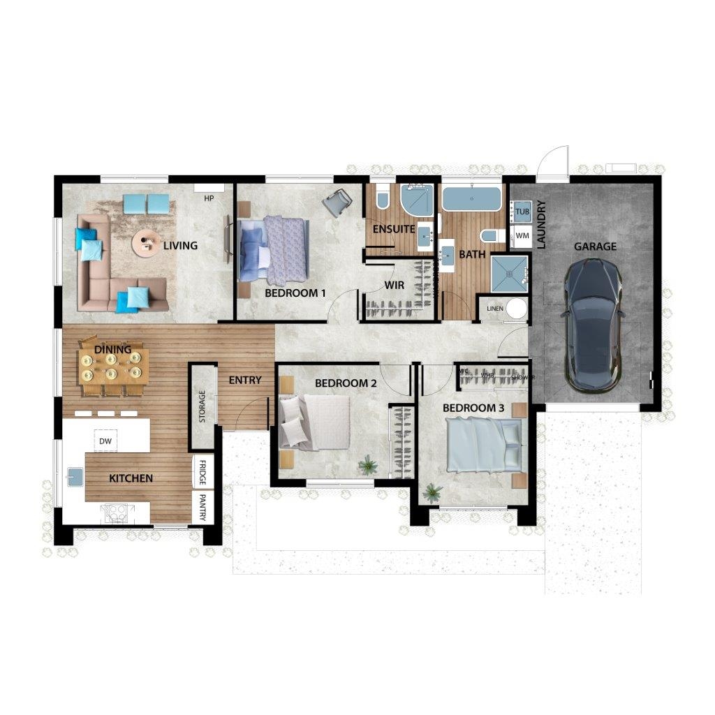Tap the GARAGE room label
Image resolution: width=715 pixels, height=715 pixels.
tap(595, 246)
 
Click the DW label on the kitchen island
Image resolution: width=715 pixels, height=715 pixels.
tap(105, 441)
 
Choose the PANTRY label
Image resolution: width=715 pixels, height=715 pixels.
tap(202, 508)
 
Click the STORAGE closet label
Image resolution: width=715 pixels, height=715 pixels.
tap(202, 406)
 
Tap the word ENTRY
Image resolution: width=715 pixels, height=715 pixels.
tap(245, 381)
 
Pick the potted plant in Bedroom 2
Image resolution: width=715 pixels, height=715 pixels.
tap(367, 464)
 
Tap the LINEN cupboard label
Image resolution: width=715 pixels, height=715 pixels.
tap(494, 308)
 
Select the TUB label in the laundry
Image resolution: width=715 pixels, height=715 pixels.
tap(522, 211)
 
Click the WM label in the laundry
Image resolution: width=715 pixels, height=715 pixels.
tap(522, 236)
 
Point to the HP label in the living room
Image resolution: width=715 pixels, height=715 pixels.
tap(208, 198)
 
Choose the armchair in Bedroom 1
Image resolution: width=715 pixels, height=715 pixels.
tap(338, 202)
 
